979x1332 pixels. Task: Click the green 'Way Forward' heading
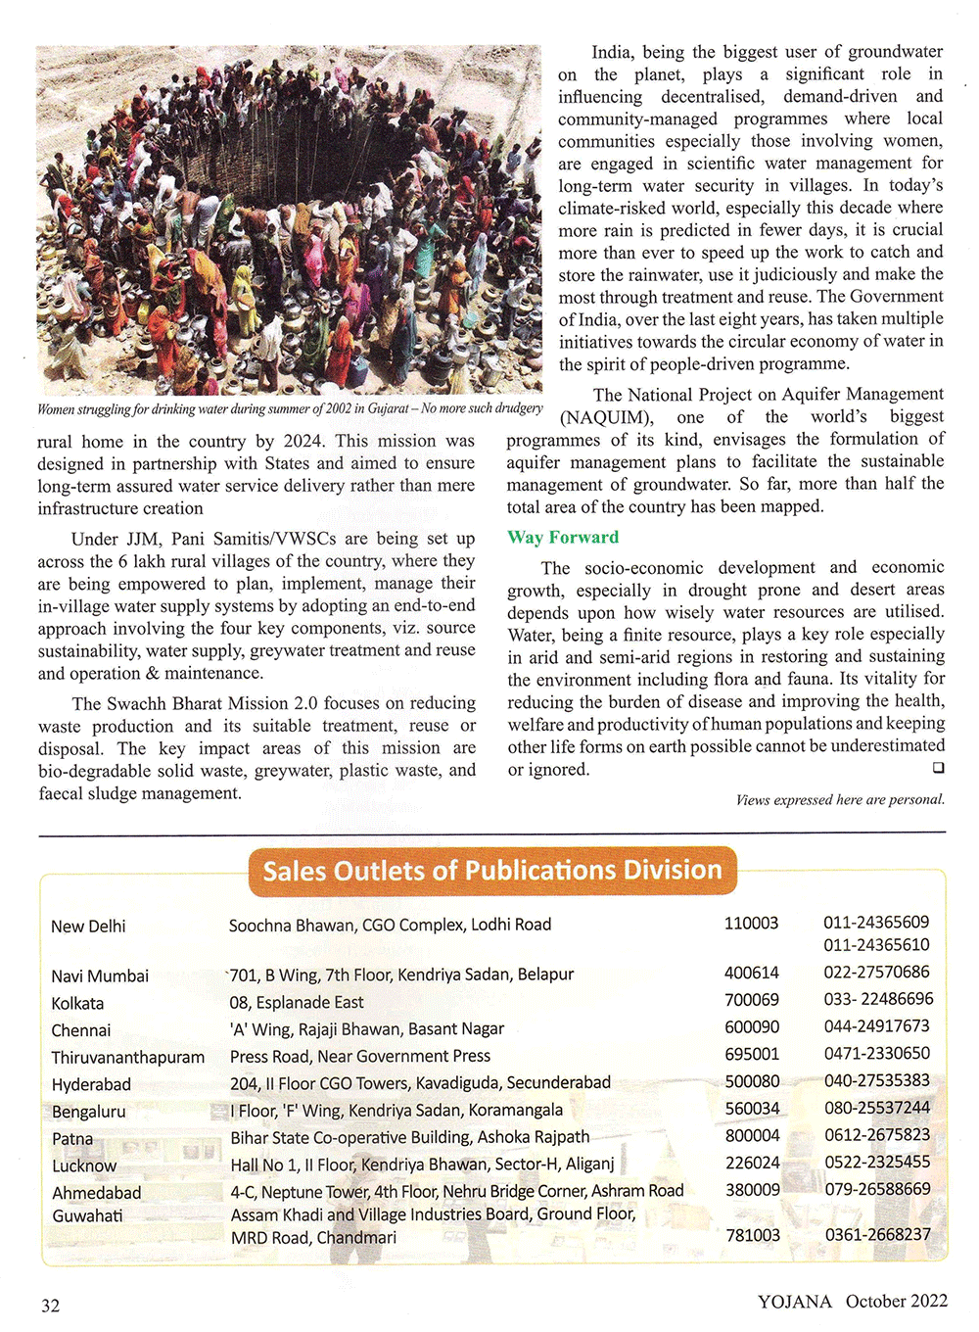563,537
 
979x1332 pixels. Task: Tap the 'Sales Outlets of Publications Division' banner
492,871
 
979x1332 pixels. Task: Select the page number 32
50,1305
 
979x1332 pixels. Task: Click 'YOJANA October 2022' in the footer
852,1301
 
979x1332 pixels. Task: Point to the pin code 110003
751,923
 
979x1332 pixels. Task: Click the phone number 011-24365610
876,945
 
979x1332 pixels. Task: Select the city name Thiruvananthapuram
128,1057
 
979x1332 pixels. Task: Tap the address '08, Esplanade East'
297,1002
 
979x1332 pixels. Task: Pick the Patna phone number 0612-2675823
877,1134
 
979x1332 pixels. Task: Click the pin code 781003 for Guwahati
753,1235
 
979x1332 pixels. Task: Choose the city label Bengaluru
89,1112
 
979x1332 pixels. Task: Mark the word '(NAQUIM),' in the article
606,416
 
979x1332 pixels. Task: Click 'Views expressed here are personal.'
840,799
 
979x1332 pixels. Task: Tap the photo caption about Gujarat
290,408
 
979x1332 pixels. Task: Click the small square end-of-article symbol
938,768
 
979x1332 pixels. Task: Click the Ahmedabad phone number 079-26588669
877,1189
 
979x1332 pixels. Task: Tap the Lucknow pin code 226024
752,1163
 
